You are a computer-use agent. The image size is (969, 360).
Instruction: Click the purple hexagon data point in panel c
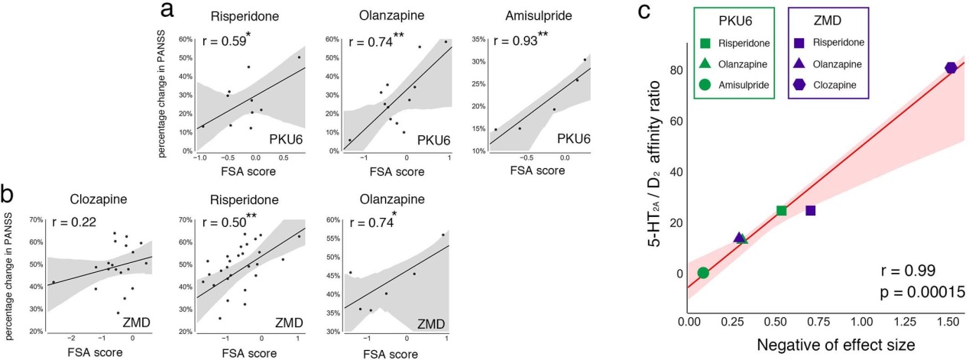[951, 68]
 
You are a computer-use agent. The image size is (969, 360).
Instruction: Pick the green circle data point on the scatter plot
[703, 273]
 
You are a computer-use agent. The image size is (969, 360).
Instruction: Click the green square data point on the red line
[781, 210]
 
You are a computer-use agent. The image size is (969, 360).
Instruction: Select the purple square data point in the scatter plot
[810, 210]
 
